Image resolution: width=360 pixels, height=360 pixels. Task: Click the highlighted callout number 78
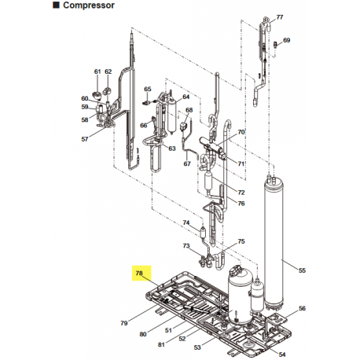(139, 274)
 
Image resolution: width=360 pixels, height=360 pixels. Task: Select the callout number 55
(303, 270)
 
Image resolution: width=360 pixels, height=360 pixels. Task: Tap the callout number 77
(281, 17)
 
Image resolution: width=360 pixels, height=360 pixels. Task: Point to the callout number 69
(286, 40)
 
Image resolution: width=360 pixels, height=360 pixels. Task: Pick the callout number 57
(85, 139)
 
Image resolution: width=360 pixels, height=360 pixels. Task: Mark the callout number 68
(189, 111)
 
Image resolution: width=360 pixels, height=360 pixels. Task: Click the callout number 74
(186, 222)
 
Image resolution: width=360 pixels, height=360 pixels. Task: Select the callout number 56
(303, 309)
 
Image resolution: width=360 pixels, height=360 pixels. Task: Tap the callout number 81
(160, 344)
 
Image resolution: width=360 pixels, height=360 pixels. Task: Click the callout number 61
(97, 72)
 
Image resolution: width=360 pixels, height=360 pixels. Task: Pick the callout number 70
(241, 131)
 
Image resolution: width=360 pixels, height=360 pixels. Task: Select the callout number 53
(197, 347)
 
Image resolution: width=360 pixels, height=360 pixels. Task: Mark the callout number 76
(241, 204)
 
